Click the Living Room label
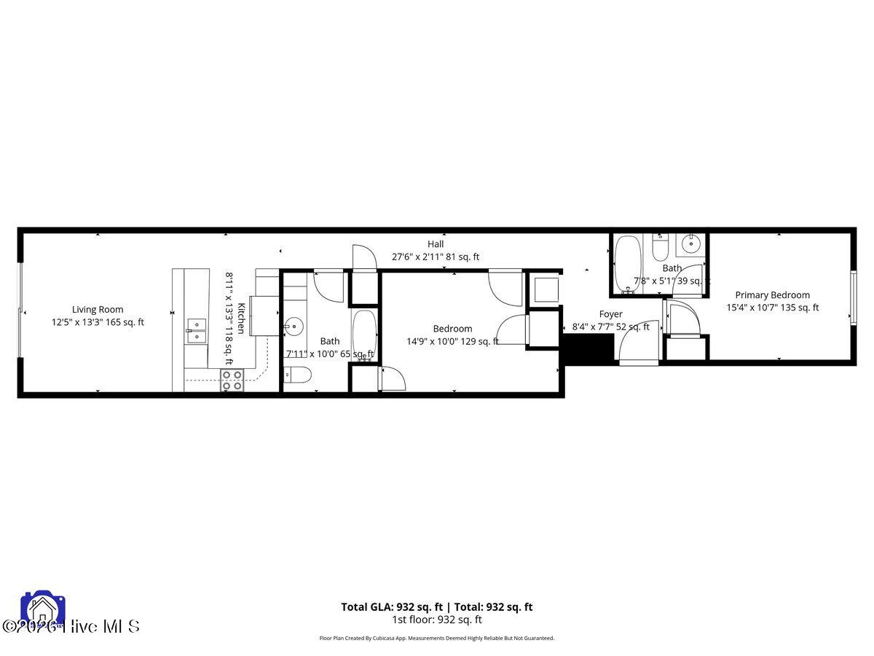(98, 310)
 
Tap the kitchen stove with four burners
(232, 380)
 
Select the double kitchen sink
(195, 330)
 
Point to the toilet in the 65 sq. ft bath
(298, 375)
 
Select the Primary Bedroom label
(772, 295)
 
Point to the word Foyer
(610, 314)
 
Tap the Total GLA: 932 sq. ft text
(392, 606)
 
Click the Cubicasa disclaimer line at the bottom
(437, 638)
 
